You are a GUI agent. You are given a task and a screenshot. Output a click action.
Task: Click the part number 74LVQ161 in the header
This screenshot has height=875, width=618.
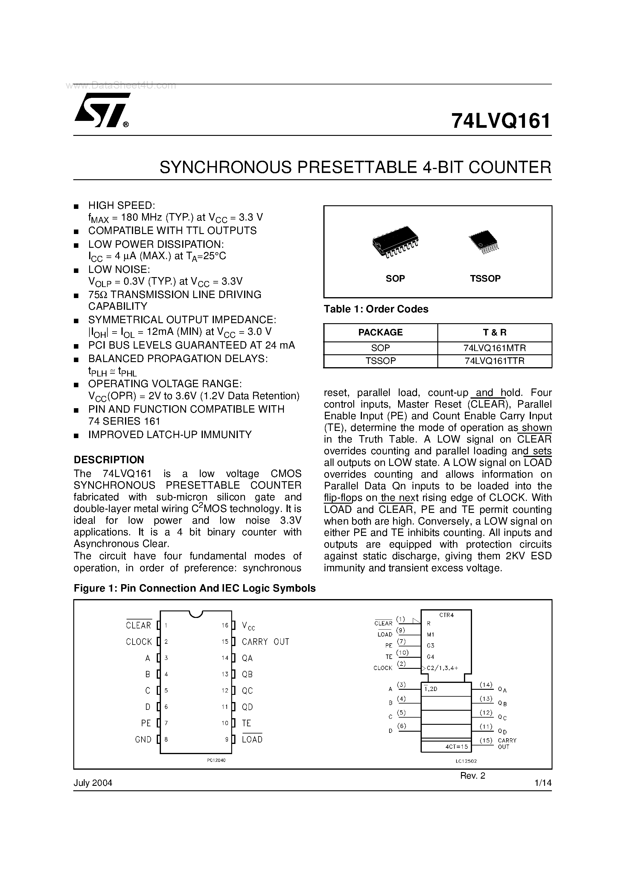501,121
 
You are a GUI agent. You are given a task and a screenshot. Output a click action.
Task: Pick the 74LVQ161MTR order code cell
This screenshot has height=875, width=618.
494,348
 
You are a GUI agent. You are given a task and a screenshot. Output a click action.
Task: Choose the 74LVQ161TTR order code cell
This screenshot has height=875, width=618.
494,361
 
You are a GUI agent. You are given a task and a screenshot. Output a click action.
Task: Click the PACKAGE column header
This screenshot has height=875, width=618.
380,332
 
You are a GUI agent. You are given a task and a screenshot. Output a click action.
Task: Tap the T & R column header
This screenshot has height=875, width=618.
494,332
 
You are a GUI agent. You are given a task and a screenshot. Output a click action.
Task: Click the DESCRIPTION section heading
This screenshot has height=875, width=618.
109,460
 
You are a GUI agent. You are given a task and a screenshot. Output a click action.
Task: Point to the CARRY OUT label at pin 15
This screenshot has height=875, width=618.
265,642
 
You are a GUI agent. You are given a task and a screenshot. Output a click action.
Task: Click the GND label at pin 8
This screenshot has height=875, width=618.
143,740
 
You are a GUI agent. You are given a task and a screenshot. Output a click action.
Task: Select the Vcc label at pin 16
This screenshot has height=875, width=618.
248,626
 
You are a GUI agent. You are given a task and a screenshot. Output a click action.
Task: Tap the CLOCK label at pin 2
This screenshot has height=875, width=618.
139,642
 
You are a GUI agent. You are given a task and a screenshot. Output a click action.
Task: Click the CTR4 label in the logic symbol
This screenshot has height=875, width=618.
447,615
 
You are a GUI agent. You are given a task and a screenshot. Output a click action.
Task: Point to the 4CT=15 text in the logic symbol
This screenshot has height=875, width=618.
456,747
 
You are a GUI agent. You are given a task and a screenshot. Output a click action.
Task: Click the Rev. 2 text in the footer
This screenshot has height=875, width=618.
472,776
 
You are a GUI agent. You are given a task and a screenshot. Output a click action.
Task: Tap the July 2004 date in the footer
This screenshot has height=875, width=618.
93,783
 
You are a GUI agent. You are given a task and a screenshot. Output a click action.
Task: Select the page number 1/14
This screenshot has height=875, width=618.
543,783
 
